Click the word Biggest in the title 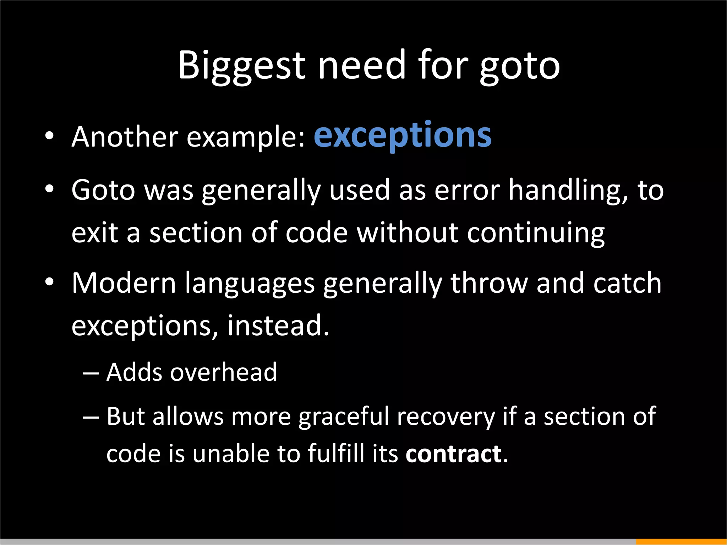241,66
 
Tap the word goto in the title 520,66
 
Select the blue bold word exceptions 403,136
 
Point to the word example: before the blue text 246,137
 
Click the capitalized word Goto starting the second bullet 103,190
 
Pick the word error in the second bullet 467,191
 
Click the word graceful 344,417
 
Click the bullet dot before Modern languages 49,282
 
